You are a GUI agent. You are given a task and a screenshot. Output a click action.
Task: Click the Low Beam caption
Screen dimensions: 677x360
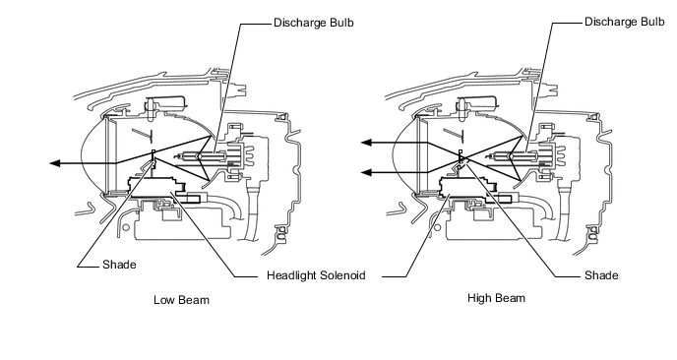181,300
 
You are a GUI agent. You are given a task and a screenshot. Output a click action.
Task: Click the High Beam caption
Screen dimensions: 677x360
497,298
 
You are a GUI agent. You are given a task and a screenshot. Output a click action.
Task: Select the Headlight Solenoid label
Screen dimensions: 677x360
316,275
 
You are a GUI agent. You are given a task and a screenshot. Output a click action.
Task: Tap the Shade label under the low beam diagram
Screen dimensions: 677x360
119,265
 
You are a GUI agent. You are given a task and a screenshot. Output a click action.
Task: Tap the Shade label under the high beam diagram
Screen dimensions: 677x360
601,275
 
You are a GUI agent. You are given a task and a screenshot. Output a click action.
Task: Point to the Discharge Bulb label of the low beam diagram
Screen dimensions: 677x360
314,22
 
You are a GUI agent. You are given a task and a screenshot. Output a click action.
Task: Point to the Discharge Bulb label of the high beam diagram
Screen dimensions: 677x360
625,22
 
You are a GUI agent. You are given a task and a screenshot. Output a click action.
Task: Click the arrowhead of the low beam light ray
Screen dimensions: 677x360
55,163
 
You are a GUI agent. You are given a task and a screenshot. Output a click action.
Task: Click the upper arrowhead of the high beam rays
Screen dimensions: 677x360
367,143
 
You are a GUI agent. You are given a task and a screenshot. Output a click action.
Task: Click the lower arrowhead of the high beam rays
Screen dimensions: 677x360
367,173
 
